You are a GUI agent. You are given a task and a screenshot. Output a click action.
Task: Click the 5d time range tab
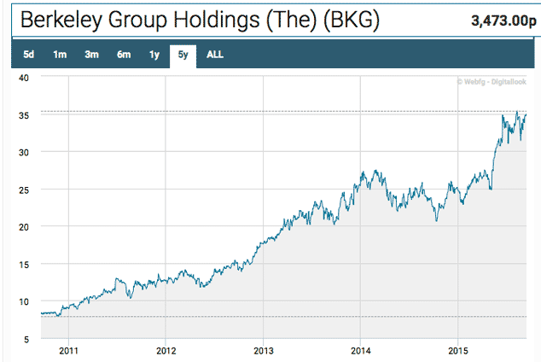[x=28, y=55]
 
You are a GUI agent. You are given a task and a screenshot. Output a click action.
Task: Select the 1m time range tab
[x=60, y=55]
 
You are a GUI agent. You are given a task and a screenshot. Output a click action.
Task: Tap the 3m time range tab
[x=91, y=55]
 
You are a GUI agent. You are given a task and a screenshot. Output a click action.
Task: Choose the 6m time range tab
[x=124, y=55]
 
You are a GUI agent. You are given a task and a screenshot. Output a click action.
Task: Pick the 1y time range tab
[x=154, y=55]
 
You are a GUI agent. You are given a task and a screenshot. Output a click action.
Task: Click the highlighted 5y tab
[x=183, y=55]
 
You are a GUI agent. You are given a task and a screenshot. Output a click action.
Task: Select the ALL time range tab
[x=215, y=55]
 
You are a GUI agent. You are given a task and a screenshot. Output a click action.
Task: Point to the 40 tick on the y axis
[x=24, y=77]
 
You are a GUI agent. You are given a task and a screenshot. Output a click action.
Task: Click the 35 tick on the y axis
[x=24, y=114]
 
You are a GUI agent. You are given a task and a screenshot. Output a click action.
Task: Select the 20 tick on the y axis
[x=24, y=226]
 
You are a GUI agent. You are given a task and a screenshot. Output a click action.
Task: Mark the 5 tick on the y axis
[x=26, y=339]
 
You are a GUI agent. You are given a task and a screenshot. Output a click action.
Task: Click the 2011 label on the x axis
[x=68, y=350]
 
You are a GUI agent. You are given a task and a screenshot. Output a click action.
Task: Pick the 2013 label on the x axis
[x=264, y=350]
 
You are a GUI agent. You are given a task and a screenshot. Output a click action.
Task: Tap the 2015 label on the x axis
[x=459, y=350]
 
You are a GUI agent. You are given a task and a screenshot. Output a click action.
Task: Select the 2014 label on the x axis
[x=361, y=350]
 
